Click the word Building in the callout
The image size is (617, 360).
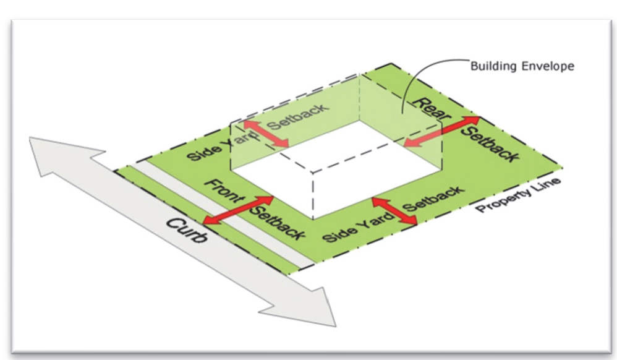pyautogui.click(x=493, y=66)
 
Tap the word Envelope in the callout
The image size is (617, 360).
pyautogui.click(x=548, y=66)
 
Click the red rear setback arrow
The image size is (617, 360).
pyautogui.click(x=442, y=131)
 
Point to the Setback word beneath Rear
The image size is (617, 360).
pyautogui.click(x=490, y=144)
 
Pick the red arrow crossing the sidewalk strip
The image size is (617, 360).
pyautogui.click(x=239, y=210)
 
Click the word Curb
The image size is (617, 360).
pyautogui.click(x=186, y=229)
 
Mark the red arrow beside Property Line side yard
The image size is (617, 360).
pyautogui.click(x=394, y=211)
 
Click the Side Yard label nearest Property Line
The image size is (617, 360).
pyautogui.click(x=358, y=227)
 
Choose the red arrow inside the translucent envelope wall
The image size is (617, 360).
pyautogui.click(x=266, y=134)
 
